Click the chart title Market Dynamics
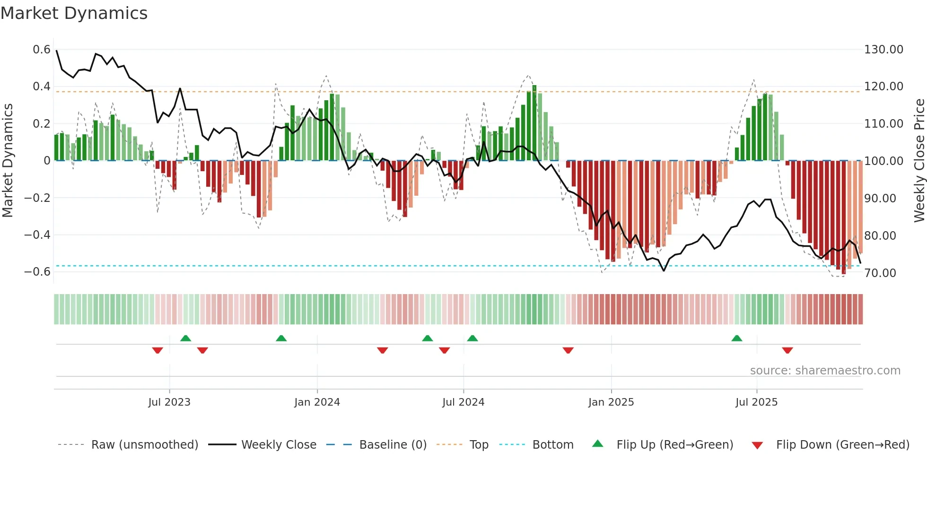[x=74, y=13]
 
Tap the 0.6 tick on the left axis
[x=42, y=50]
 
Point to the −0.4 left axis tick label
[x=37, y=235]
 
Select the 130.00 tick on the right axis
[x=883, y=50]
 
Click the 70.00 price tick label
[x=880, y=273]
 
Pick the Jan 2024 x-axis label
[x=317, y=402]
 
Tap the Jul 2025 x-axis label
[x=756, y=402]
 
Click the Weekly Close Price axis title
[x=919, y=161]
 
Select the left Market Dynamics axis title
[x=8, y=161]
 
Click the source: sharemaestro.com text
[x=825, y=371]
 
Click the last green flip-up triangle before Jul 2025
[x=736, y=339]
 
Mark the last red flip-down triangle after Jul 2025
[x=787, y=350]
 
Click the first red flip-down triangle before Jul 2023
[x=157, y=350]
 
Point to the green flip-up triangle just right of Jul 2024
[x=472, y=339]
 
